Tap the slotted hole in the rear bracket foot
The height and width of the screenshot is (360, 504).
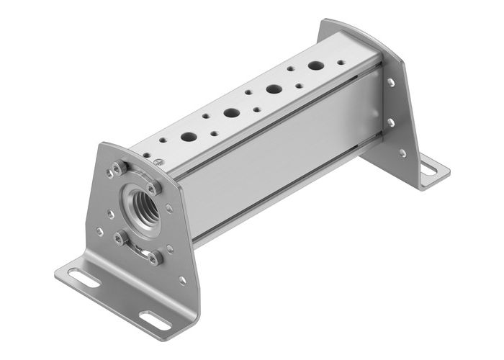tap(428, 170)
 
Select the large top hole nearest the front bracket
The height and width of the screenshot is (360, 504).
tap(188, 137)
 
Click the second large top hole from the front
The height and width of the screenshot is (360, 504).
tap(231, 113)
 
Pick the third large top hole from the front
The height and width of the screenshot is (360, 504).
tap(274, 89)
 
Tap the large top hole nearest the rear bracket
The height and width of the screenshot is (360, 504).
tap(315, 66)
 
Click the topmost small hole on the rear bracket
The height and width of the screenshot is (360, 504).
tap(391, 84)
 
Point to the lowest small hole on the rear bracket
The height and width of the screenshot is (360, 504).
tap(402, 153)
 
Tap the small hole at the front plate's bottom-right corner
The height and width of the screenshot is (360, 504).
tap(182, 280)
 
